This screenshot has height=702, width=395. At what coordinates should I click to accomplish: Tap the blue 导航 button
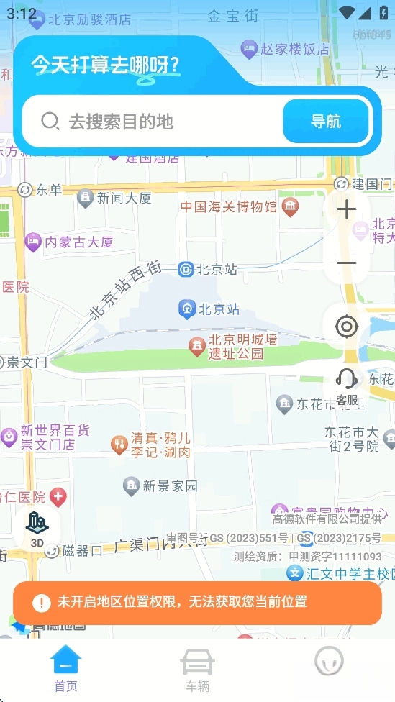(326, 122)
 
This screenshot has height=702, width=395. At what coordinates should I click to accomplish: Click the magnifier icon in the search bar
(50, 122)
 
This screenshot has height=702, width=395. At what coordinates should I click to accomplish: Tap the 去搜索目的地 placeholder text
(121, 122)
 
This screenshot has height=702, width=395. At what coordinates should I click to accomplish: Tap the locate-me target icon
(347, 327)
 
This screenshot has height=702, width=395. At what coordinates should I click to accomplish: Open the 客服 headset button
(347, 386)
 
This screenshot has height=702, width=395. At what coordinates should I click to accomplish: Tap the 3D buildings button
(37, 530)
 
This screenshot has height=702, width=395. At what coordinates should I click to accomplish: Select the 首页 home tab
(65, 668)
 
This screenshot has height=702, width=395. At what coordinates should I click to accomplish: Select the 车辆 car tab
(197, 668)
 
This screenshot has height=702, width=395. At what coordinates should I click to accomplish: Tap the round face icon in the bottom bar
(329, 662)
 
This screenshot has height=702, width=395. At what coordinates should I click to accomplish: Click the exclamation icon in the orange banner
(41, 602)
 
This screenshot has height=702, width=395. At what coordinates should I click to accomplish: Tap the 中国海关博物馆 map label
(228, 207)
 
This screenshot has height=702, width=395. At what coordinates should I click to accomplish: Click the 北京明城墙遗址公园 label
(242, 347)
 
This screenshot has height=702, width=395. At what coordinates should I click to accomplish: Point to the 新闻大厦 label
(124, 197)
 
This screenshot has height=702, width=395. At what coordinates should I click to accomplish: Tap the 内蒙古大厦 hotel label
(79, 242)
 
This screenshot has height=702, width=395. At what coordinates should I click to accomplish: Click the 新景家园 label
(170, 486)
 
